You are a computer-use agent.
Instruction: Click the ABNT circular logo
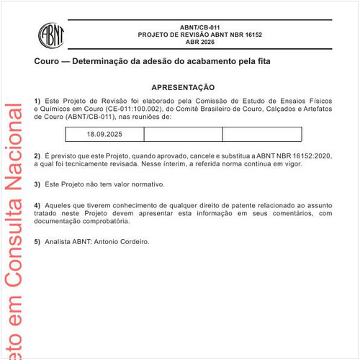(52, 34)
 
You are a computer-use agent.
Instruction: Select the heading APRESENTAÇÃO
(183, 86)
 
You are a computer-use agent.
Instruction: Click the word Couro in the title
(47, 62)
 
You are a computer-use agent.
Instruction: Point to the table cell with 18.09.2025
(104, 135)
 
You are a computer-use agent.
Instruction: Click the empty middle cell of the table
(183, 135)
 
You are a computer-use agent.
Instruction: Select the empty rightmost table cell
(261, 135)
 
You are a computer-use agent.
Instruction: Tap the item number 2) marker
(37, 156)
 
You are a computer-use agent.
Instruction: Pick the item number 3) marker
(37, 184)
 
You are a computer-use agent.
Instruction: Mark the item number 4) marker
(37, 205)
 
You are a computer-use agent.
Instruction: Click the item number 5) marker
(37, 242)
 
